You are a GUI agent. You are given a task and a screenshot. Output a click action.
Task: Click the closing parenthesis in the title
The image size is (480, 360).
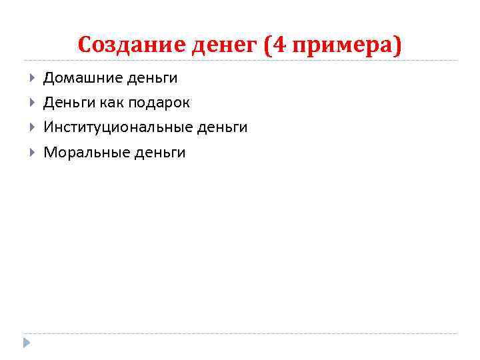coord(399,46)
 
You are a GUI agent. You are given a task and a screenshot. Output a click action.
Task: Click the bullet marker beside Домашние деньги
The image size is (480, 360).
coord(32,78)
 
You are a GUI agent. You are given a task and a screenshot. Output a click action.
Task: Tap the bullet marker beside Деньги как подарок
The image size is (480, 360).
coord(32,103)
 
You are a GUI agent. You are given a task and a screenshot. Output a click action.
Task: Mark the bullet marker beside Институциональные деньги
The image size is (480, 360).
coord(32,127)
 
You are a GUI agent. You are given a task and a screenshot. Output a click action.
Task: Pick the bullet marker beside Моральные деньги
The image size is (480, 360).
coord(32,152)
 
